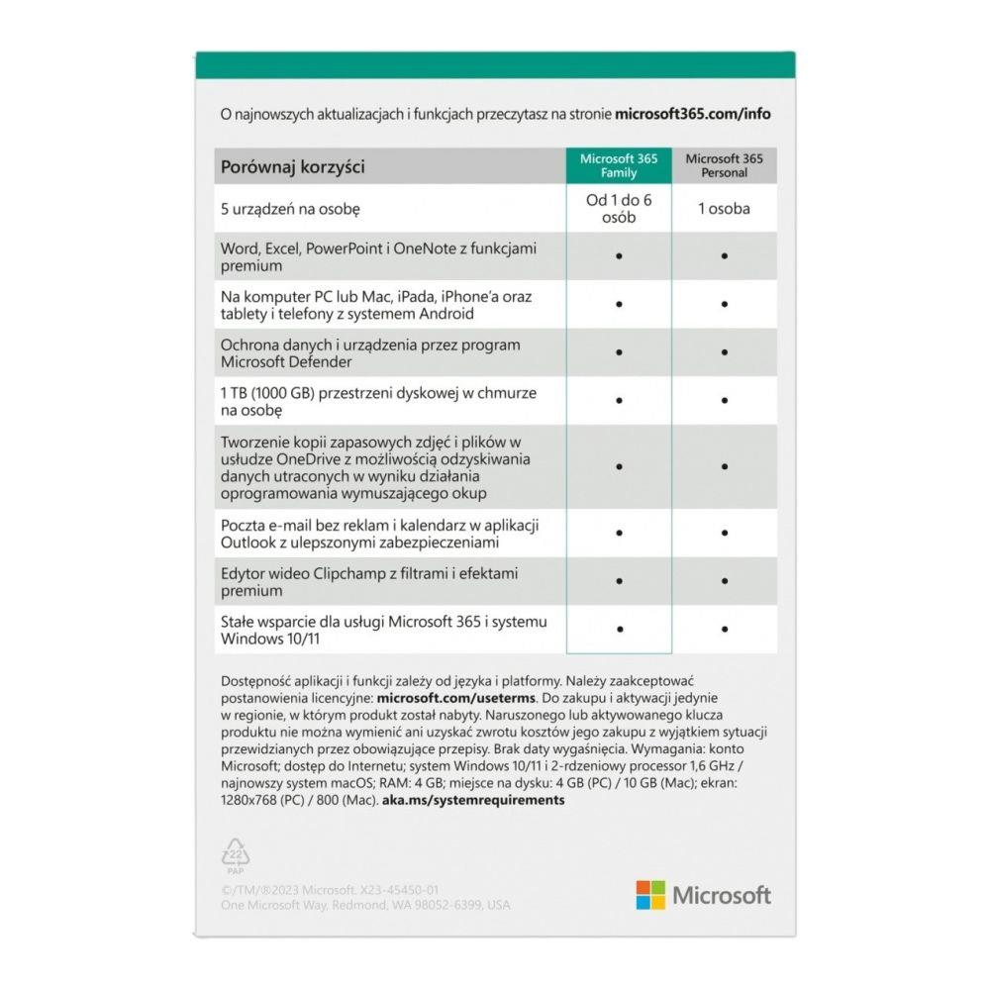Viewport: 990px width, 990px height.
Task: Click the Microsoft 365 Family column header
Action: coord(619,165)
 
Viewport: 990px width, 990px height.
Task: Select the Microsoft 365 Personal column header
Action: coord(724,165)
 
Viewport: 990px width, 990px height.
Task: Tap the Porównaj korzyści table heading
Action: coord(293,166)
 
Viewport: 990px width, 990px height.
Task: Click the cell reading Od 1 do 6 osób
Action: coord(619,209)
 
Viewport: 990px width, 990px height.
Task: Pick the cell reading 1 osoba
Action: coord(724,209)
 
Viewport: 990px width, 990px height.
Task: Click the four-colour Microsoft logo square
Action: coord(650,895)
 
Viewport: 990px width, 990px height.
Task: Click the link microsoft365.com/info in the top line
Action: coord(693,113)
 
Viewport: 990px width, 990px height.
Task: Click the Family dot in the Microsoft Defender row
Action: coord(619,352)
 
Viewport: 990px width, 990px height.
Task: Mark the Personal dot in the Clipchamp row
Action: coord(725,581)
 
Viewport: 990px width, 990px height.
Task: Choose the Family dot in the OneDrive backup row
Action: coord(619,465)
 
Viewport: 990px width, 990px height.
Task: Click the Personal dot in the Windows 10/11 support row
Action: coord(725,629)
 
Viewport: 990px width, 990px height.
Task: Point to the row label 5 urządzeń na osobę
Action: coord(288,210)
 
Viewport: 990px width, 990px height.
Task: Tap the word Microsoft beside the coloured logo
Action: coord(722,896)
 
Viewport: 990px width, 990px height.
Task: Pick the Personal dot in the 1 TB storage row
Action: coord(725,401)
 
